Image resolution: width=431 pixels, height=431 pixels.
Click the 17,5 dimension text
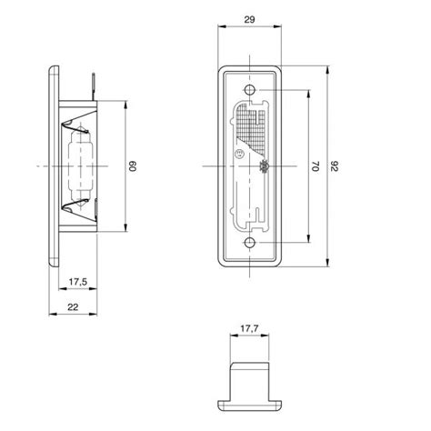[x=77, y=282]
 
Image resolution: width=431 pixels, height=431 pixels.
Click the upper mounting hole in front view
[x=252, y=91]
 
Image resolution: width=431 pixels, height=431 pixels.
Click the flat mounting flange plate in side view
[x=54, y=167]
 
